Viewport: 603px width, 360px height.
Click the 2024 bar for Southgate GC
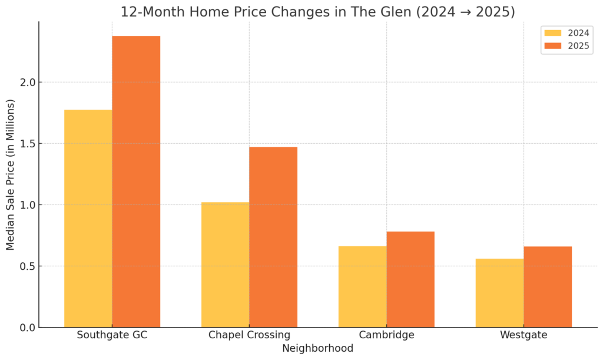(x=88, y=219)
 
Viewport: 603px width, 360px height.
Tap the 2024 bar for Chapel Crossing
(x=225, y=265)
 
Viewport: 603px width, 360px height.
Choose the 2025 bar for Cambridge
(x=410, y=279)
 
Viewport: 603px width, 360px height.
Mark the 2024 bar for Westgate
(x=499, y=293)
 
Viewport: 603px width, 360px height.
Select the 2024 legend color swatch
(x=553, y=33)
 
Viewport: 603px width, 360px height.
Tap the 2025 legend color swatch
(x=553, y=46)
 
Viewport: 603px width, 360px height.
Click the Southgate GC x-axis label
(x=112, y=335)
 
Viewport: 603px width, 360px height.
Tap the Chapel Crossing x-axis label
(x=249, y=335)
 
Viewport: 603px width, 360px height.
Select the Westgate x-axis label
(x=524, y=335)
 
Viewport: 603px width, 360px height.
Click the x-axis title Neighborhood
(x=318, y=349)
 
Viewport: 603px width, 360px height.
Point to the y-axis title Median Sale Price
(x=11, y=175)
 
